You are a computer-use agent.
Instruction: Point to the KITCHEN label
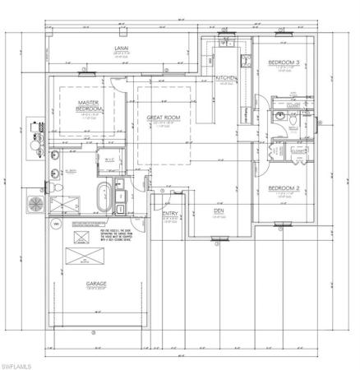pyautogui.click(x=227, y=78)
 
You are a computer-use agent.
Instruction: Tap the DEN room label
pyautogui.click(x=219, y=210)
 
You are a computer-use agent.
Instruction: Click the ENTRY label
pyautogui.click(x=171, y=215)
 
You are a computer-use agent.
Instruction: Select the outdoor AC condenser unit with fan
pyautogui.click(x=36, y=201)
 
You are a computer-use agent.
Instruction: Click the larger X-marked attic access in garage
pyautogui.click(x=82, y=238)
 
